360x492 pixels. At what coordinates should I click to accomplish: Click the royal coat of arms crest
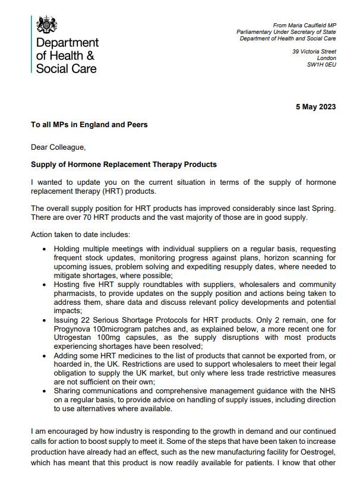(47, 24)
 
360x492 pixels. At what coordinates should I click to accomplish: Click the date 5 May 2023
(315, 107)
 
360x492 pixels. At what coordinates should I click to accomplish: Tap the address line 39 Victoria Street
(314, 52)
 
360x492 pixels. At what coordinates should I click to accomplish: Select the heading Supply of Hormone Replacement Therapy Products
(124, 164)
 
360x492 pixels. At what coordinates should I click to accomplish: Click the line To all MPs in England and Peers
(89, 125)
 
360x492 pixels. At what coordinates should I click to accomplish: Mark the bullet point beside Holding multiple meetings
(45, 248)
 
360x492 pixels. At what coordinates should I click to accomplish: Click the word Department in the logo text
(68, 43)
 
